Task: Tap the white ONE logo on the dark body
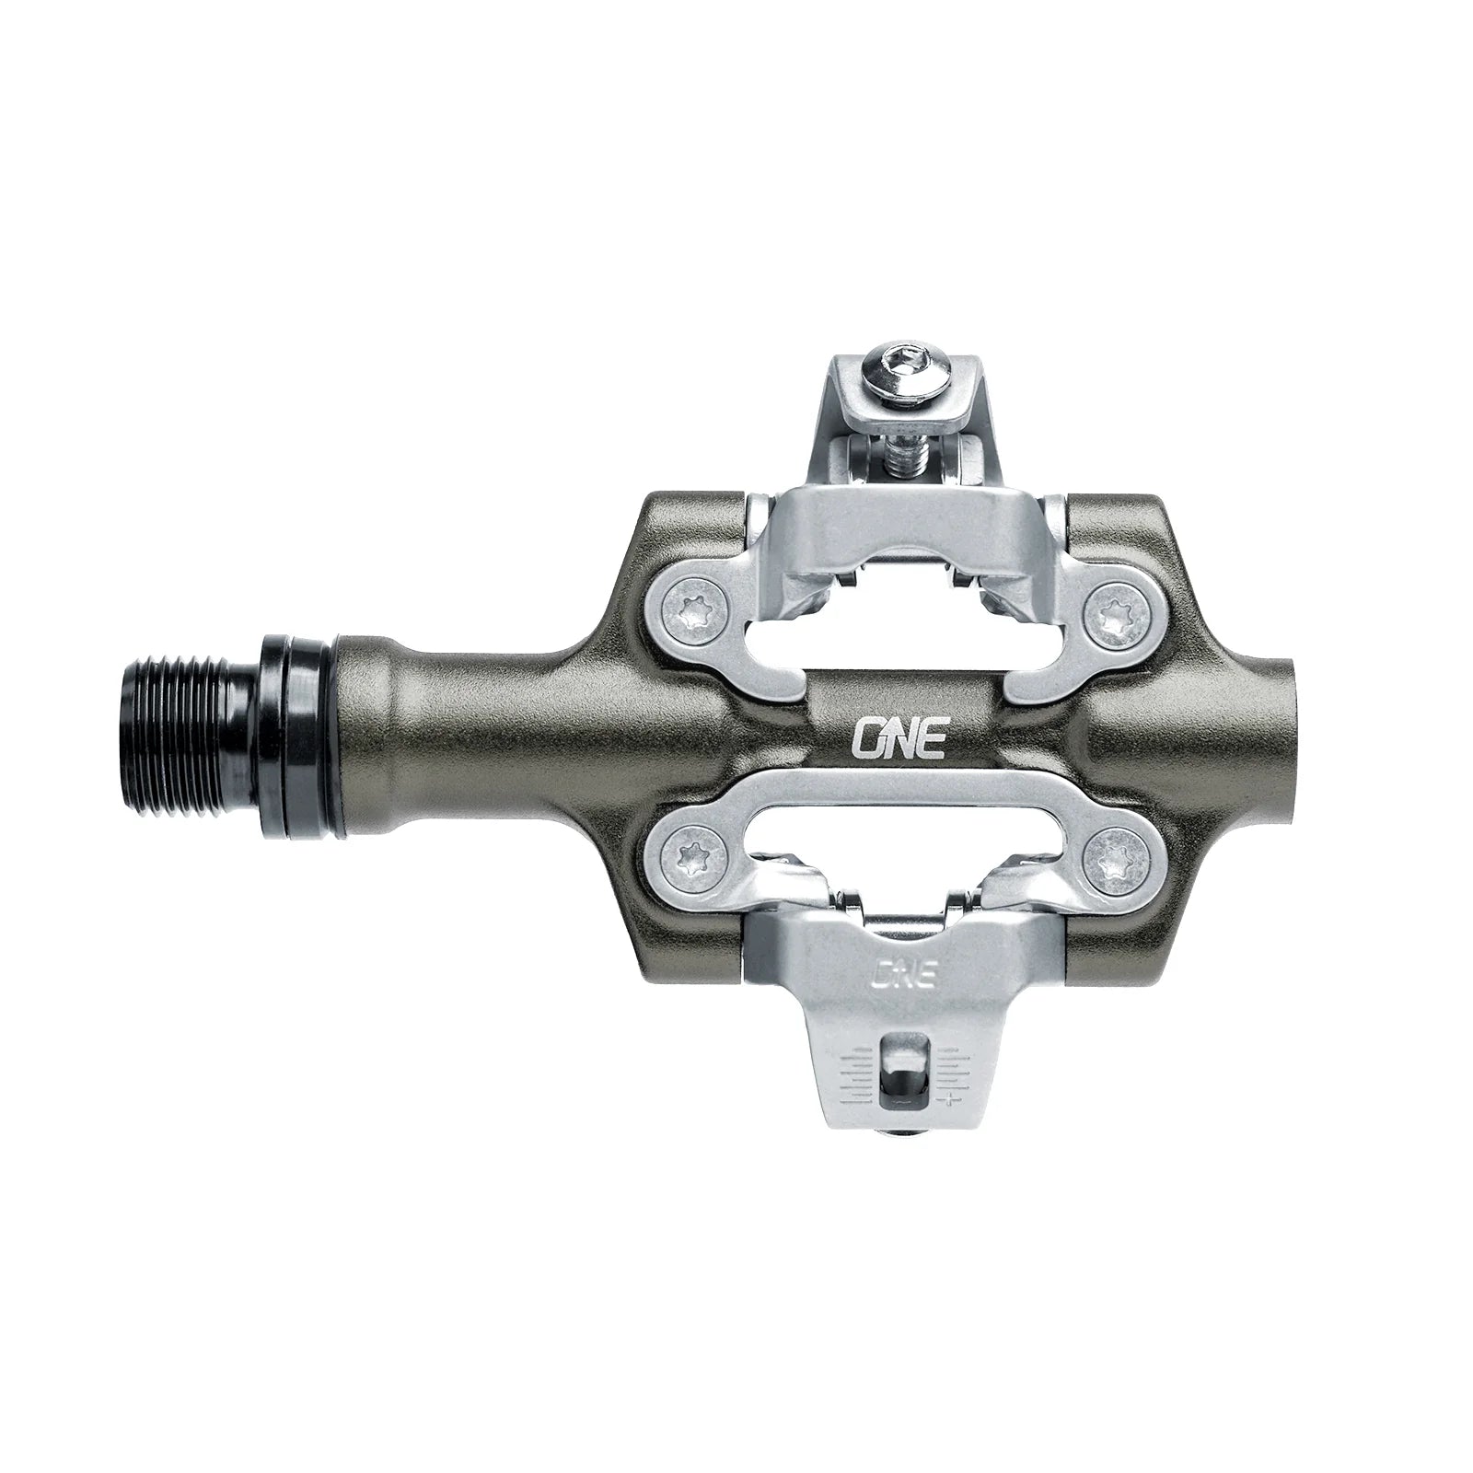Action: [902, 711]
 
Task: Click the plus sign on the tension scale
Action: [947, 1097]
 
